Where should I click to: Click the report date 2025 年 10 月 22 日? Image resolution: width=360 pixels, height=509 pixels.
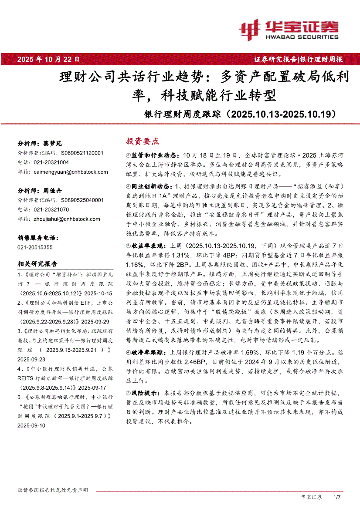click(x=48, y=59)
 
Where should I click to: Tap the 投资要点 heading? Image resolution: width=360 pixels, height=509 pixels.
click(x=143, y=141)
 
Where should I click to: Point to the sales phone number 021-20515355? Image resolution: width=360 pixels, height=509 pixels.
click(x=35, y=247)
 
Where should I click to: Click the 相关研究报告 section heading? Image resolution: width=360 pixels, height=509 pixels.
click(x=37, y=264)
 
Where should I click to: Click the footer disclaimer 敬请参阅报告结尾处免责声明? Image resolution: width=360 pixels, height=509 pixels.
click(x=53, y=490)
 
